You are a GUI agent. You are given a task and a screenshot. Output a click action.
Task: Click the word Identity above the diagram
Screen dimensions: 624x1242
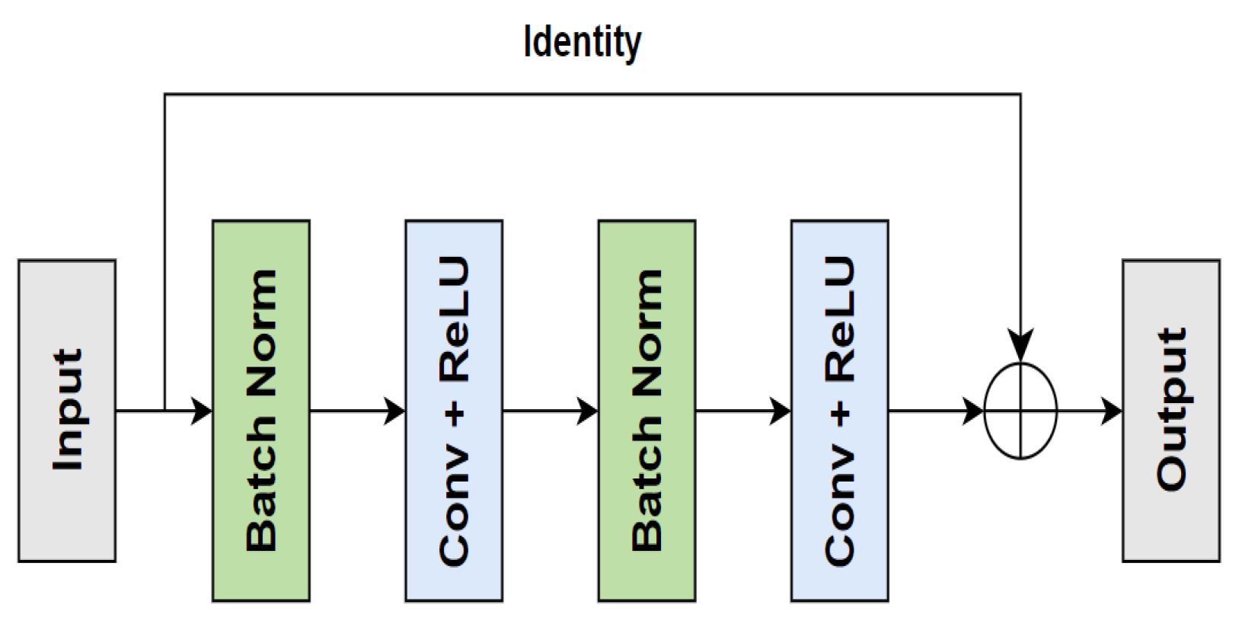583,43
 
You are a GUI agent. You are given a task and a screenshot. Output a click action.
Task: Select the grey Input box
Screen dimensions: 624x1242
67,411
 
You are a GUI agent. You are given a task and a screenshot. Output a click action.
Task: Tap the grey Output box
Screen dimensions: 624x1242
1171,411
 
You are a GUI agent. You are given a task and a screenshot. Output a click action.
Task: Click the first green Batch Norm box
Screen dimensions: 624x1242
261,411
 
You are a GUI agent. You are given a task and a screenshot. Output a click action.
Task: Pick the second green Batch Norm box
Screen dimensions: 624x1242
647,411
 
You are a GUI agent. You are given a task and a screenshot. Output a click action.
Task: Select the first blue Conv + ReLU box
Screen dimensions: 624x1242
454,411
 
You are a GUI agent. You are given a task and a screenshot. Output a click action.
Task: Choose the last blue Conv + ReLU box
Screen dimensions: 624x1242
839,411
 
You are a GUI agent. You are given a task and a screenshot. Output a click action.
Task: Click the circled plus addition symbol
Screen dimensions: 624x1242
1020,411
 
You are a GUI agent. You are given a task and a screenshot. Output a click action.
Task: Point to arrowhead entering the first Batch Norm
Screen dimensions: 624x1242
203,411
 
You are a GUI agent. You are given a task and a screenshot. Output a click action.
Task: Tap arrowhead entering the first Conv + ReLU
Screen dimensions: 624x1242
396,411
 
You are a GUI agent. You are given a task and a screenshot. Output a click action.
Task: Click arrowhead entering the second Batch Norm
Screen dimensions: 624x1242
589,411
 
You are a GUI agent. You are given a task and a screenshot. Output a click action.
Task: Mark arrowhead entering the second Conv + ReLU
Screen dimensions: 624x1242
782,411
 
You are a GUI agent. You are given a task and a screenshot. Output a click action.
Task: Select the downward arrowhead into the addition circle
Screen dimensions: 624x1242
1020,347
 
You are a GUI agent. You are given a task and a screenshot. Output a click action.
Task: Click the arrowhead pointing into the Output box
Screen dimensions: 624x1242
1113,411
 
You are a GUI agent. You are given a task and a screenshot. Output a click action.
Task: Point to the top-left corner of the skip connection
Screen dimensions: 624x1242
165,94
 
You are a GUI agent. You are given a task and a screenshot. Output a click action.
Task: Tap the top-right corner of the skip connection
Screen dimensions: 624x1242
1020,94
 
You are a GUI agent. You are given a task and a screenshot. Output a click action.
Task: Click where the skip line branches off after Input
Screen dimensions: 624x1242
165,411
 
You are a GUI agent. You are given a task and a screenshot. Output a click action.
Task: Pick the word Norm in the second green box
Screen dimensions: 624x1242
647,331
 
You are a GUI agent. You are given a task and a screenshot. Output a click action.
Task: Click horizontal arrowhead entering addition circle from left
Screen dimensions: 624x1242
975,411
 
